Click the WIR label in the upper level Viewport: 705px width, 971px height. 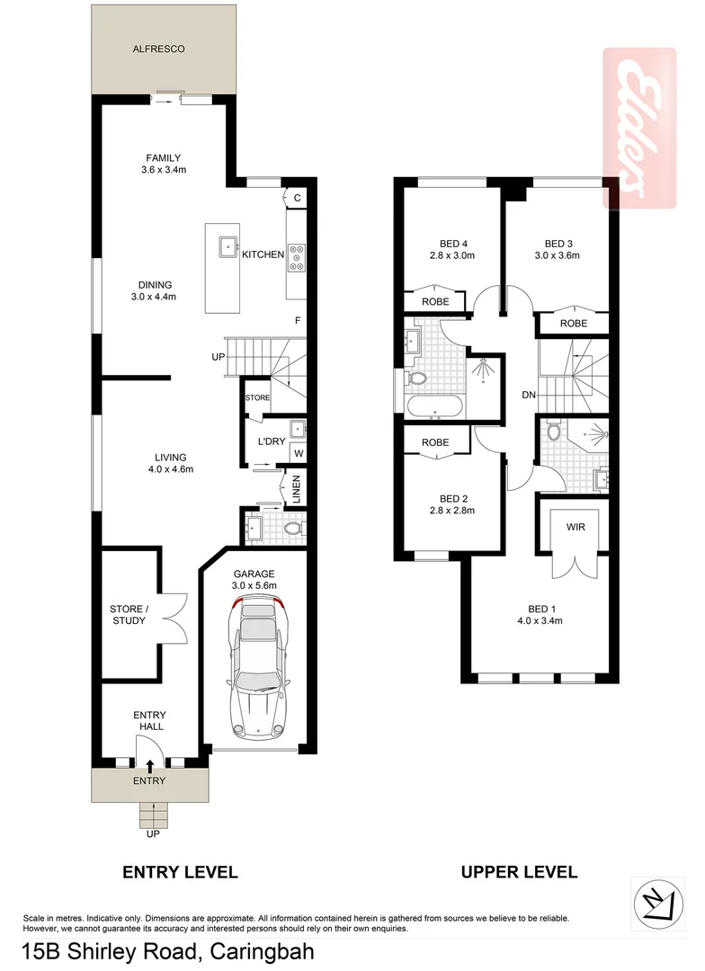pyautogui.click(x=576, y=527)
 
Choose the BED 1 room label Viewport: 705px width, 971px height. pyautogui.click(x=540, y=613)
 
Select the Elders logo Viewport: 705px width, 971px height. pyautogui.click(x=638, y=128)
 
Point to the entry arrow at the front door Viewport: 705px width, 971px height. pyautogui.click(x=149, y=764)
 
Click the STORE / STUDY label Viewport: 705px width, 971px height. pyautogui.click(x=128, y=614)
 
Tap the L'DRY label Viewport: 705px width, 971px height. pyautogui.click(x=271, y=441)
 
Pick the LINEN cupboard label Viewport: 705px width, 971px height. pyautogui.click(x=294, y=490)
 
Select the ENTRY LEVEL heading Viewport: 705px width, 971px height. pyautogui.click(x=180, y=871)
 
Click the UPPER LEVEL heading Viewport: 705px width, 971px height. pyautogui.click(x=519, y=871)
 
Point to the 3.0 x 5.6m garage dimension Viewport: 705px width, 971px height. pyautogui.click(x=254, y=585)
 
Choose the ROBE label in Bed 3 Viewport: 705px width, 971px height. pyautogui.click(x=573, y=323)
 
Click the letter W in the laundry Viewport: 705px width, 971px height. pyautogui.click(x=297, y=454)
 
